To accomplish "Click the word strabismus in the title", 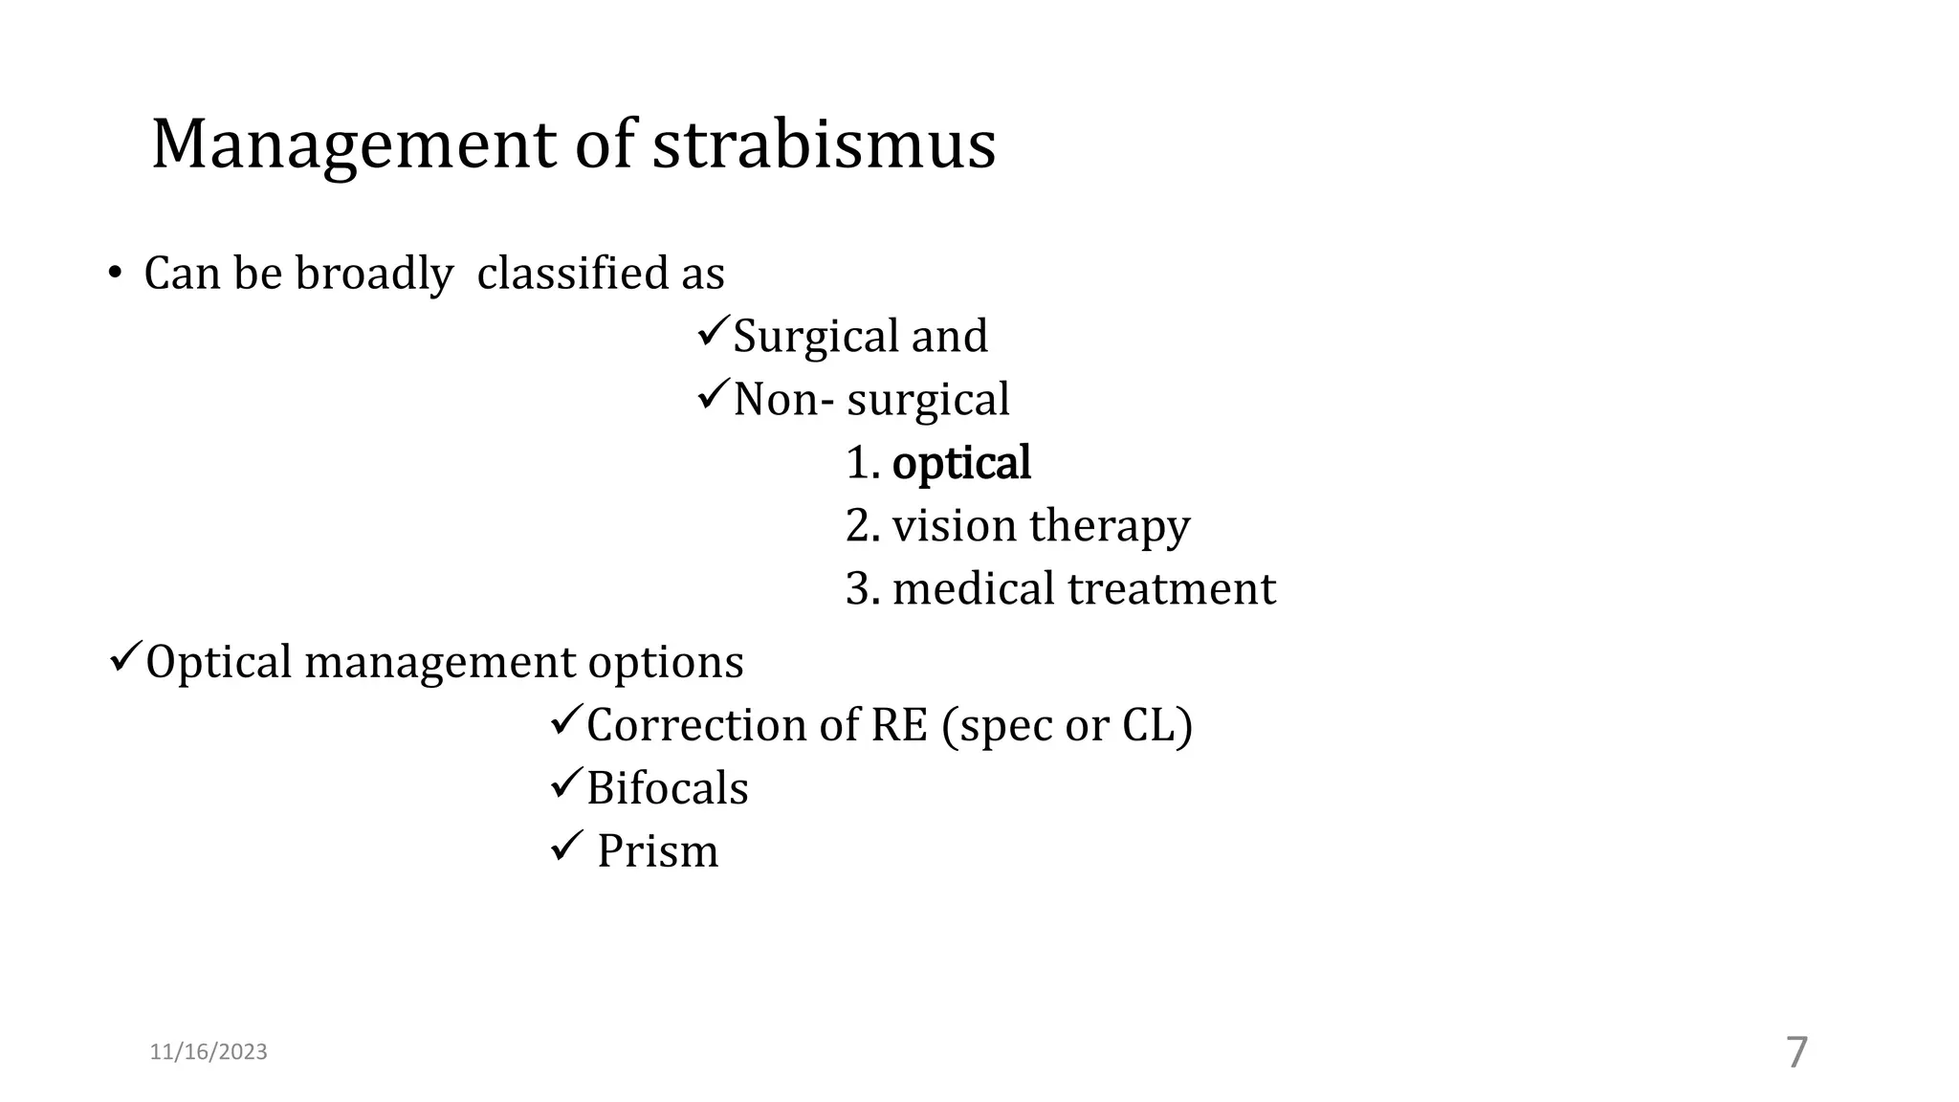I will [x=824, y=145].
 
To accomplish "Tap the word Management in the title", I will [x=353, y=145].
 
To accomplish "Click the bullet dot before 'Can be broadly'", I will [x=114, y=275].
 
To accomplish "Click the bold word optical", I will [x=960, y=464].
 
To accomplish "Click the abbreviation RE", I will [x=899, y=725].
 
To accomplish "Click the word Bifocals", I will [x=667, y=788].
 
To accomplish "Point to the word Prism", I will [x=657, y=851].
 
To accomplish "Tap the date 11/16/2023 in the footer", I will [x=209, y=1052].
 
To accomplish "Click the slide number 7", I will [x=1797, y=1053].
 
